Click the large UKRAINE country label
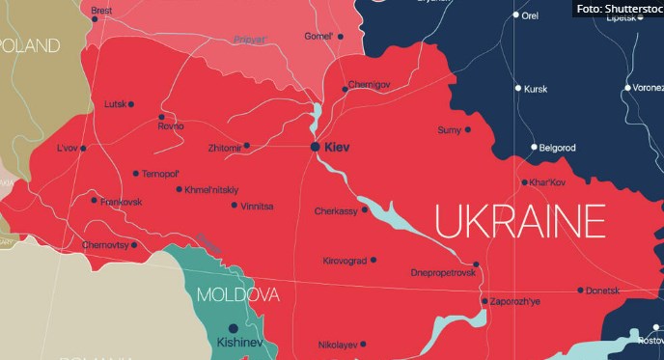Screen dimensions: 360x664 [x=518, y=221]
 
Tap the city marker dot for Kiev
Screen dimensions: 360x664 [x=315, y=146]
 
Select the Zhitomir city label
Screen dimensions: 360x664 [x=224, y=147]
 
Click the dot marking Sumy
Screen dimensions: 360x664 [x=468, y=129]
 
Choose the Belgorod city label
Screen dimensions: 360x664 [x=558, y=148]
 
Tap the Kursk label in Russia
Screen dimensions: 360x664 [x=536, y=89]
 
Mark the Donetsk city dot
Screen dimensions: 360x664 [x=580, y=290]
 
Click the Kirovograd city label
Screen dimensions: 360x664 [x=345, y=261]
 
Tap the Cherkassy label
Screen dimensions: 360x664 [x=335, y=210]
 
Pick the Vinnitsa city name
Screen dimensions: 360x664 [x=258, y=206]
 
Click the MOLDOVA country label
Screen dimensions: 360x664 [x=237, y=294]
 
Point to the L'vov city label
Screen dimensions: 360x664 [x=66, y=149]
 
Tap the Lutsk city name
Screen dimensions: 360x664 [x=115, y=104]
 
